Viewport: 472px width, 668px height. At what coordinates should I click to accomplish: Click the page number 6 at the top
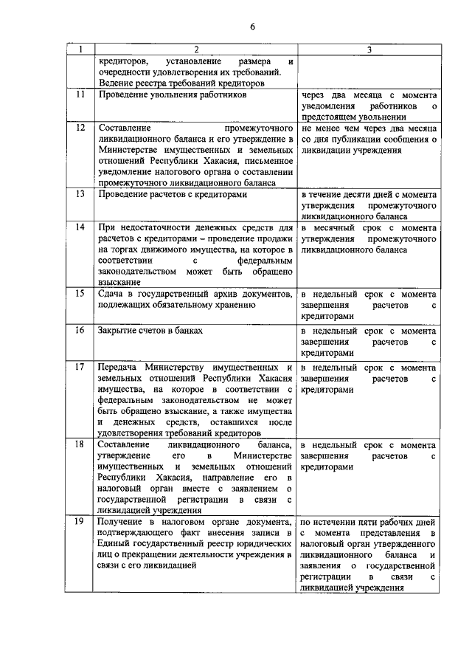pyautogui.click(x=252, y=28)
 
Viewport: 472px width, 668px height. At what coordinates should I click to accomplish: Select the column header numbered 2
pyautogui.click(x=196, y=49)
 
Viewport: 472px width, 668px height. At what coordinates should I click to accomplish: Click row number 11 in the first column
pyautogui.click(x=80, y=94)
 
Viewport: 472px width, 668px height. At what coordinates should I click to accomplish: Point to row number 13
pyautogui.click(x=80, y=194)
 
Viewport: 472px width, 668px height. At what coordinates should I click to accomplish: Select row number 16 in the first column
pyautogui.click(x=80, y=329)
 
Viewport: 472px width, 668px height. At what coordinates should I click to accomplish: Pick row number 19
pyautogui.click(x=80, y=523)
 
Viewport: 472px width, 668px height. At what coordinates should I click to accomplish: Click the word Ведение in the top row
pyautogui.click(x=116, y=83)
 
